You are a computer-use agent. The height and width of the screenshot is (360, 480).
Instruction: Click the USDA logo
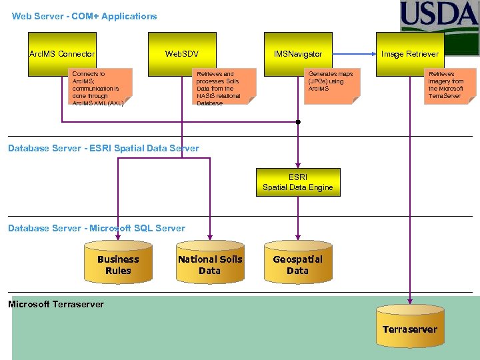point(439,17)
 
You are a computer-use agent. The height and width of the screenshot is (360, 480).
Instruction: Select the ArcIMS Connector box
point(62,54)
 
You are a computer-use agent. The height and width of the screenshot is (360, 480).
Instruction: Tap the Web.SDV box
point(182,54)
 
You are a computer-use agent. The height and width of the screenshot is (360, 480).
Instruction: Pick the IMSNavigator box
point(298,54)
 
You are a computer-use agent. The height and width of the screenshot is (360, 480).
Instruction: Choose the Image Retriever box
point(409,54)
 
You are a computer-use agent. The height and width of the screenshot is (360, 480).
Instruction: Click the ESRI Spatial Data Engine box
point(297,182)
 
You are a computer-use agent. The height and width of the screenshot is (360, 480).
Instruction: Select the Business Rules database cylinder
point(118,264)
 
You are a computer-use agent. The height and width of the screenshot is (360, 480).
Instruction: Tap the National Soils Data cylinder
point(209,264)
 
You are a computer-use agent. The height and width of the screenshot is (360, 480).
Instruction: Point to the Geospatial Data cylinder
point(297,264)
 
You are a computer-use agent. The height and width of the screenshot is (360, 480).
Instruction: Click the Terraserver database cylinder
point(409,327)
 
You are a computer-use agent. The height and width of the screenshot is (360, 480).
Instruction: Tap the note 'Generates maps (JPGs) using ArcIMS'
point(333,85)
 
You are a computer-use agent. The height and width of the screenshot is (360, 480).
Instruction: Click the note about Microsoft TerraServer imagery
point(450,85)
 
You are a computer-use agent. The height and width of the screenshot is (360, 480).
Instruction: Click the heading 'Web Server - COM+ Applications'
point(85,16)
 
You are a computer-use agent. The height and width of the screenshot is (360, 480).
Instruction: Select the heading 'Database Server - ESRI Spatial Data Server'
point(103,148)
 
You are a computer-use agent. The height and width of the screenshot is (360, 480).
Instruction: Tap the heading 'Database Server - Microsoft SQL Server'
point(97,228)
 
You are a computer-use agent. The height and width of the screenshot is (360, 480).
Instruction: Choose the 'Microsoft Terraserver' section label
point(56,304)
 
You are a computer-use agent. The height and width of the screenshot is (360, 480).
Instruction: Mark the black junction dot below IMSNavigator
point(298,122)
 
